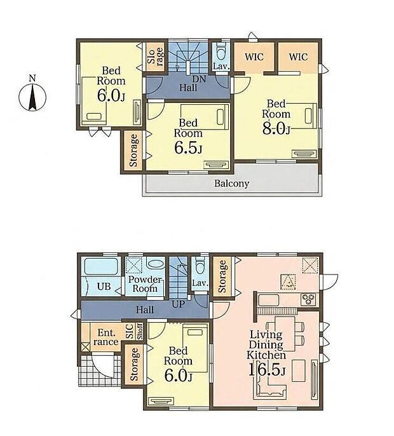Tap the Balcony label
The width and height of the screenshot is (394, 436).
point(231,184)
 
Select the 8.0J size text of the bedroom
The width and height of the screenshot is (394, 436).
point(276,129)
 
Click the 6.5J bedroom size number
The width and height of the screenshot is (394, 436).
point(188,147)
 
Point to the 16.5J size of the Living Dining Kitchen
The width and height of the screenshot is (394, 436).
point(266,369)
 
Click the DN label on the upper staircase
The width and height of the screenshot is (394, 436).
point(200,79)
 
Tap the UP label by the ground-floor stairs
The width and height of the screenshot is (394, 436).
point(178,304)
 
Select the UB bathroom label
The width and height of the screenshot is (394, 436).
point(104,287)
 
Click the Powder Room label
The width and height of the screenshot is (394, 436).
point(145,284)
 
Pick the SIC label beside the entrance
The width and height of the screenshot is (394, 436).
point(130,331)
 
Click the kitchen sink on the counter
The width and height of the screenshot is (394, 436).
point(269,300)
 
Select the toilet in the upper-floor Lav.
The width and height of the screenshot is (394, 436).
point(221,51)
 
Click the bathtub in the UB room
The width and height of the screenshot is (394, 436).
point(101,266)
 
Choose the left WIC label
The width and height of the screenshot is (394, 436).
point(254,57)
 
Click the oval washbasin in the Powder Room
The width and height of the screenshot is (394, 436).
point(156,264)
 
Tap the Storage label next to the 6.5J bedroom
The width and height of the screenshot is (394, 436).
point(133,151)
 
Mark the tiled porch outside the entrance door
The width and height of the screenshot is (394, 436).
point(99,370)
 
